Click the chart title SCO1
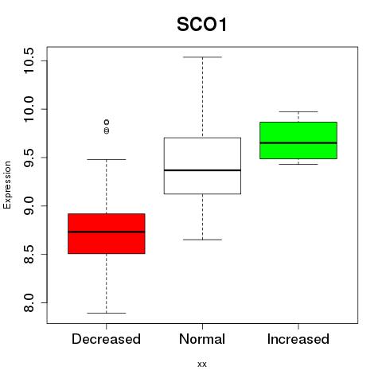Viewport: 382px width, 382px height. (202, 25)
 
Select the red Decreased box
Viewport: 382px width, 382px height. (107, 233)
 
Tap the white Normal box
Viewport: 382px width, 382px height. (202, 166)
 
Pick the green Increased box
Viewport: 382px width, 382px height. (298, 140)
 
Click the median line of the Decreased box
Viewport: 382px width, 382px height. (107, 232)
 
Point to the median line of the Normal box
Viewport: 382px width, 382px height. (202, 170)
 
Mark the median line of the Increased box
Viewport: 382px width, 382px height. (298, 142)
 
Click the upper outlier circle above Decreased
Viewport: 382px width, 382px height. (107, 122)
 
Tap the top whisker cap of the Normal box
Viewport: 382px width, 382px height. (202, 57)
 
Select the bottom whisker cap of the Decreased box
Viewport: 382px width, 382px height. (107, 313)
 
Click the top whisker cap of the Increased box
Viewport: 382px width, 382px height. (298, 111)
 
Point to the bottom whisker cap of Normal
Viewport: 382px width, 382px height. (202, 240)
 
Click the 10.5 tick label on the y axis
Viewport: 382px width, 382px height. (29, 60)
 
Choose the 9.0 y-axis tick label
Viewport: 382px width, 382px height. (29, 206)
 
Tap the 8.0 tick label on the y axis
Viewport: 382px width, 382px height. (29, 302)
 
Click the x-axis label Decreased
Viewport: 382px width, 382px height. (106, 339)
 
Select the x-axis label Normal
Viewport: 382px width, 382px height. (202, 339)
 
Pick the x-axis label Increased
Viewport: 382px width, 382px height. (298, 339)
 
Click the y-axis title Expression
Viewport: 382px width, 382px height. (7, 185)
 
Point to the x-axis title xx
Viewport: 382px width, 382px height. (202, 364)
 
